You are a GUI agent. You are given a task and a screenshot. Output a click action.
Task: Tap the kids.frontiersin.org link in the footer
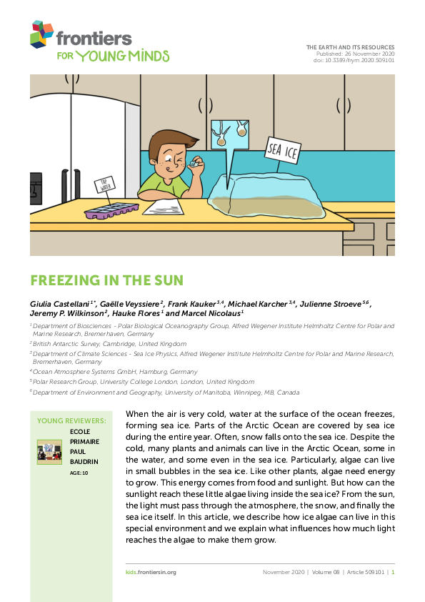coord(146,572)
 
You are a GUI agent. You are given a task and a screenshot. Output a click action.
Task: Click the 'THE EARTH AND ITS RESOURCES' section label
coord(350,47)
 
